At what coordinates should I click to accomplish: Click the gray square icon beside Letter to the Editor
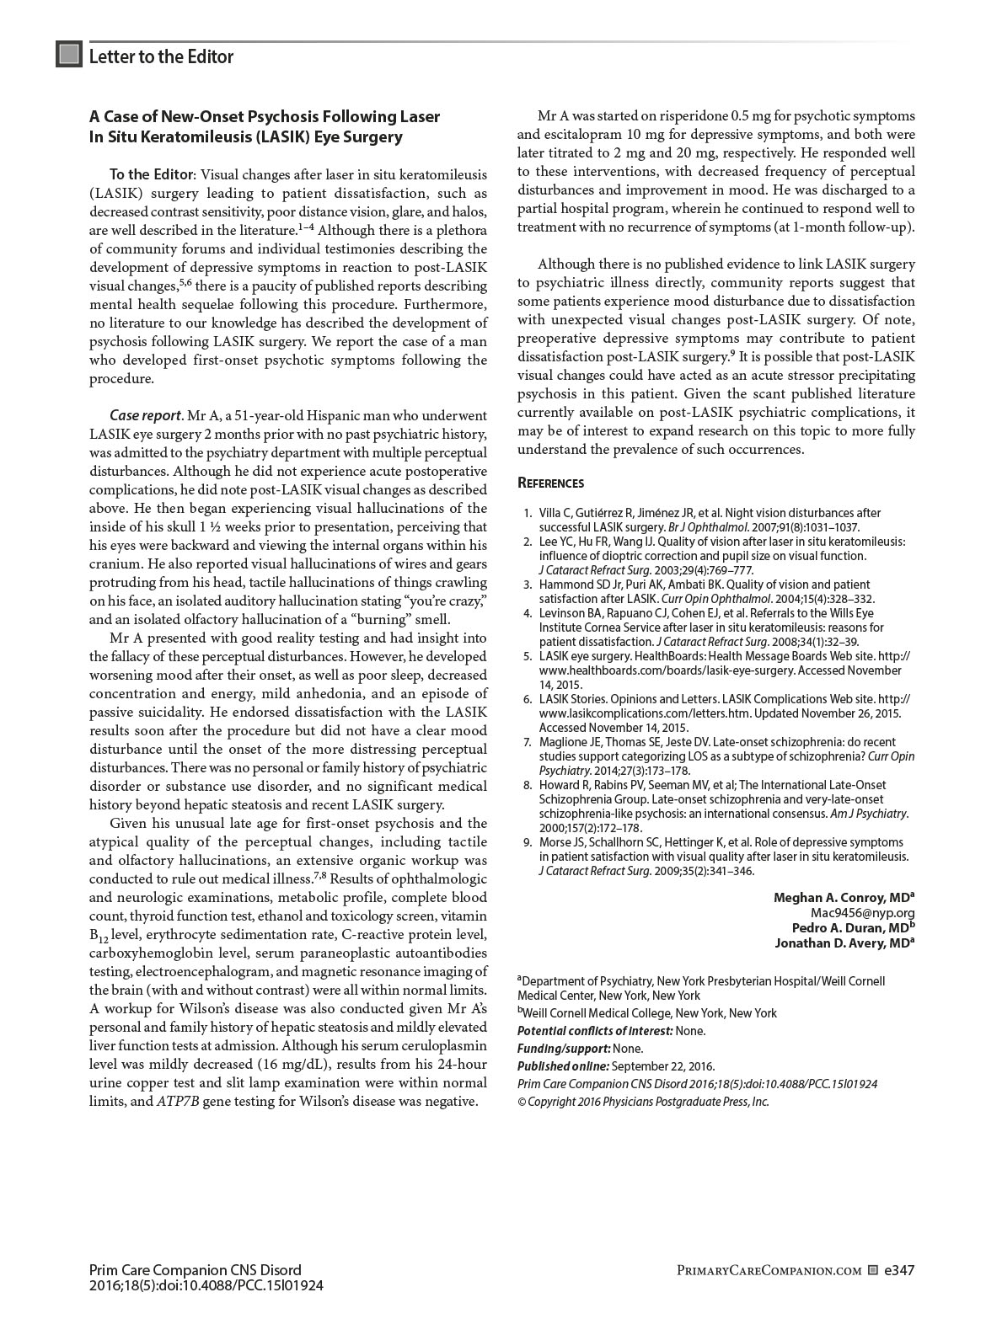point(68,56)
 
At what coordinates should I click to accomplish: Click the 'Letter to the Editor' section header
point(161,56)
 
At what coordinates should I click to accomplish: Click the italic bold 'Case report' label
point(145,415)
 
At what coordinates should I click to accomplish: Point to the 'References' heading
point(550,483)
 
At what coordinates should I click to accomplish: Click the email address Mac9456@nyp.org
point(862,912)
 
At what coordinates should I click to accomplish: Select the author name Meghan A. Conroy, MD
point(843,897)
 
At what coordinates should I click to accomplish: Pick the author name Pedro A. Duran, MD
point(852,927)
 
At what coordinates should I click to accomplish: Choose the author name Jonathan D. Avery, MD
point(844,943)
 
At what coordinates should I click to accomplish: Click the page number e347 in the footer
point(899,1270)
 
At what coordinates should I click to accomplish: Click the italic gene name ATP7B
point(178,1101)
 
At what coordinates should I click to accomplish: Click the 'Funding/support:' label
point(563,1049)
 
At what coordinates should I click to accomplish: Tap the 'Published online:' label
point(563,1066)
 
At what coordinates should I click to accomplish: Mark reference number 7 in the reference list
point(528,742)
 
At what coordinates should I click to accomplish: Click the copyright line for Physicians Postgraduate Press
point(643,1102)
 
